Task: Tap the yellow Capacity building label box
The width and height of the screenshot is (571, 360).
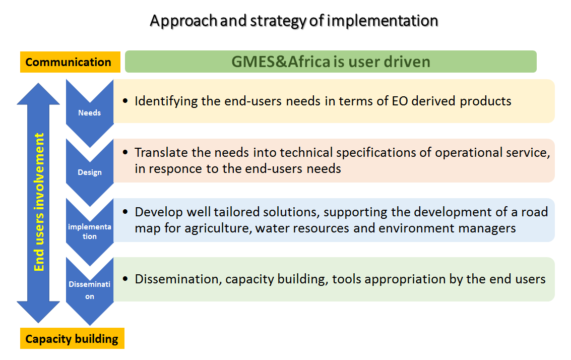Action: (72, 339)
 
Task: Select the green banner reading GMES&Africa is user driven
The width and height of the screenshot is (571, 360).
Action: (331, 62)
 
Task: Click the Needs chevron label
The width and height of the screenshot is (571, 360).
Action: (89, 113)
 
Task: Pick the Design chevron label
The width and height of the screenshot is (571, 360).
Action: (89, 172)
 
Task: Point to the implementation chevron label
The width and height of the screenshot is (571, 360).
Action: (89, 231)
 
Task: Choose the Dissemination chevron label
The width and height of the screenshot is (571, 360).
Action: (89, 290)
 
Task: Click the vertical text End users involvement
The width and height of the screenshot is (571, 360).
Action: (39, 202)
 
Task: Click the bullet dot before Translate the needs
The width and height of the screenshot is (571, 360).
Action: (125, 153)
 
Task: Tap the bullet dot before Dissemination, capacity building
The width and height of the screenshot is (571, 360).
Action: (125, 279)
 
